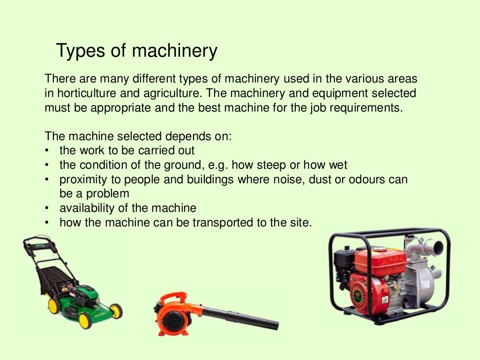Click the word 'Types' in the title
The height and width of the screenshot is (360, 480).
point(75,51)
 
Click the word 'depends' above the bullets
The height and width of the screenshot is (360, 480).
point(187,136)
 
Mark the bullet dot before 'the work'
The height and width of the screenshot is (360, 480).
point(47,151)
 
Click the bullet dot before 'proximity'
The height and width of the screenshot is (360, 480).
point(47,180)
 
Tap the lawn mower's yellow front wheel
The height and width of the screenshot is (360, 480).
point(85,320)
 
